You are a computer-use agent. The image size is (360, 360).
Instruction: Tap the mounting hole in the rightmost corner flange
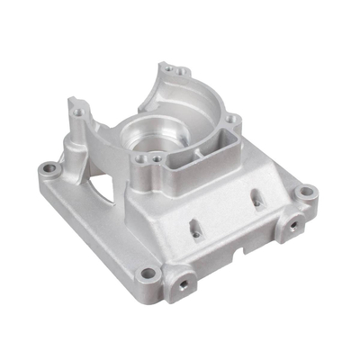tap(307, 192)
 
